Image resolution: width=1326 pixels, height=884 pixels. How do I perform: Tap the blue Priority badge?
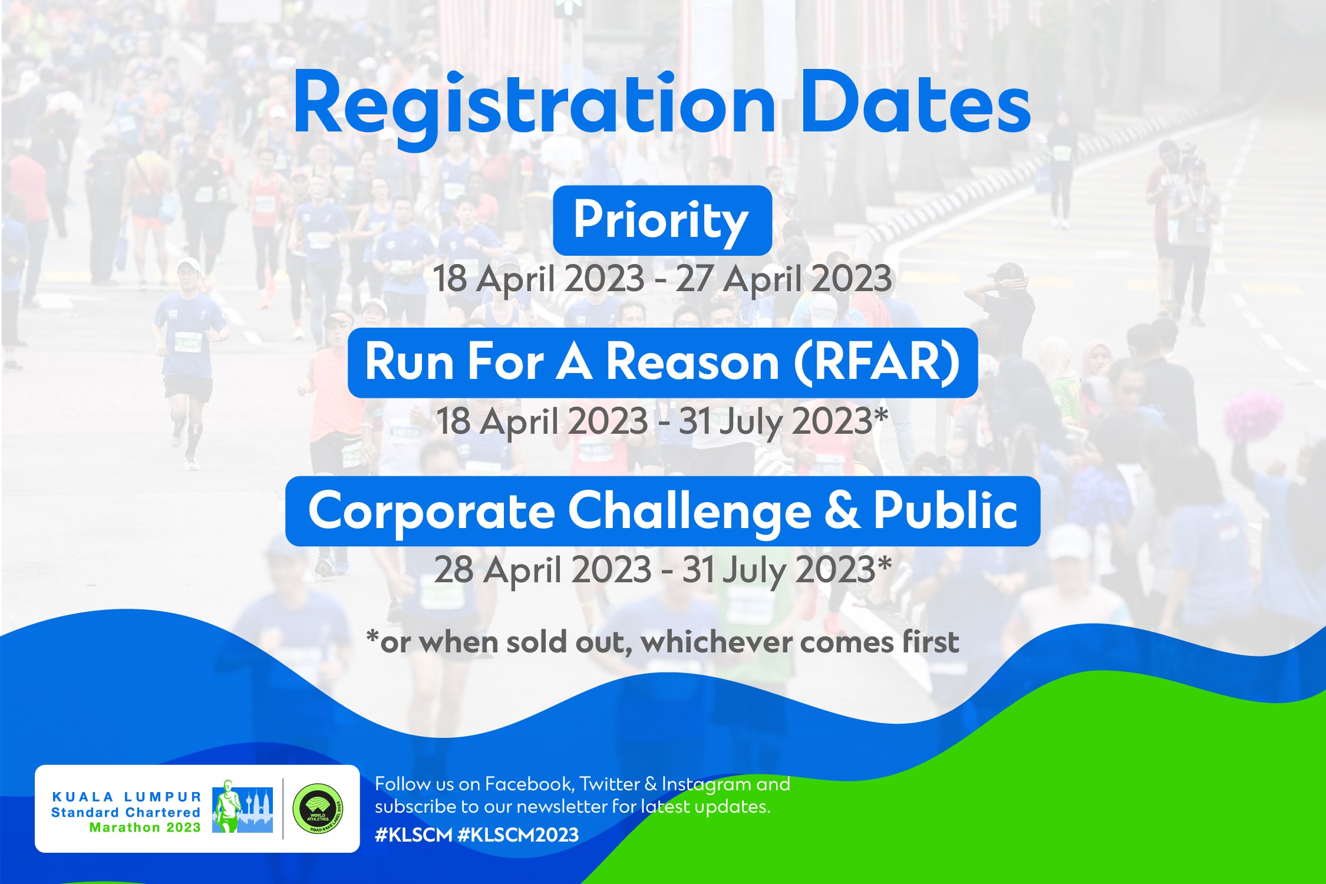click(662, 220)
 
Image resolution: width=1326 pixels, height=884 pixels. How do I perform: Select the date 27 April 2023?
click(783, 279)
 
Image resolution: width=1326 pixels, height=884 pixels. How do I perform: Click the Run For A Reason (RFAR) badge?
click(662, 362)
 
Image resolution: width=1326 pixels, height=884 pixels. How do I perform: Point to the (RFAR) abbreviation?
click(877, 362)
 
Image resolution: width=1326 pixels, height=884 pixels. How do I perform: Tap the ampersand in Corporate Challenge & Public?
click(842, 510)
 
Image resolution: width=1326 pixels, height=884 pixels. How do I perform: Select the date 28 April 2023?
click(543, 569)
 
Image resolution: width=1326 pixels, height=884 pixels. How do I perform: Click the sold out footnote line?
click(662, 642)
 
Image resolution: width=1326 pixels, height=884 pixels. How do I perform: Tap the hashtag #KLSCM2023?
click(517, 834)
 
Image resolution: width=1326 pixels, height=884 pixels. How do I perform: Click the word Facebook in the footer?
click(528, 784)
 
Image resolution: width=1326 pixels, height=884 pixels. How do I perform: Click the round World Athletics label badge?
click(319, 809)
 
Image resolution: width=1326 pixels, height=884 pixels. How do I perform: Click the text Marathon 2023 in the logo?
click(145, 827)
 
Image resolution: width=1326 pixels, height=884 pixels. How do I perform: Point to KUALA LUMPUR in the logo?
click(127, 797)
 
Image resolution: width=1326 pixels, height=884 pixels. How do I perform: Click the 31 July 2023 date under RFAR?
click(775, 422)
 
